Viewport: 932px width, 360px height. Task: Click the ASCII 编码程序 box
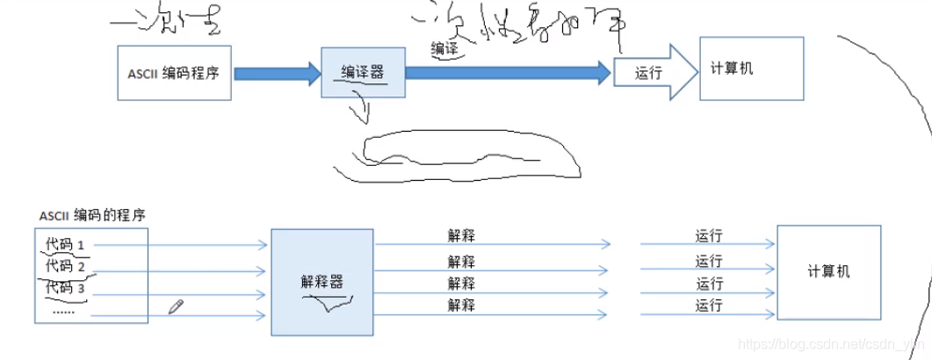coord(174,73)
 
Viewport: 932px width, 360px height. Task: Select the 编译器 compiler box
coord(363,73)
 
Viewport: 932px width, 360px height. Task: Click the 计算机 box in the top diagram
coord(751,68)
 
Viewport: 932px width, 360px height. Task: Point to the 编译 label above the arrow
coord(444,49)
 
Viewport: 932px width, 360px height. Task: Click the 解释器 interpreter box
coord(322,282)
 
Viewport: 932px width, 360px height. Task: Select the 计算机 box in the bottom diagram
coord(828,271)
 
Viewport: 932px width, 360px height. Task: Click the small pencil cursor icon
coord(176,306)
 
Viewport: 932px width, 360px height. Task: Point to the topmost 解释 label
coord(461,235)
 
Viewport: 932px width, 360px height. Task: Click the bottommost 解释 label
coord(461,306)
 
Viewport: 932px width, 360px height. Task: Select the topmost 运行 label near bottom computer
coord(709,235)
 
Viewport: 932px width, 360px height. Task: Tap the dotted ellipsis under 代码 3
coord(63,309)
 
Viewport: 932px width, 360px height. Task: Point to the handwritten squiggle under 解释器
coord(327,303)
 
